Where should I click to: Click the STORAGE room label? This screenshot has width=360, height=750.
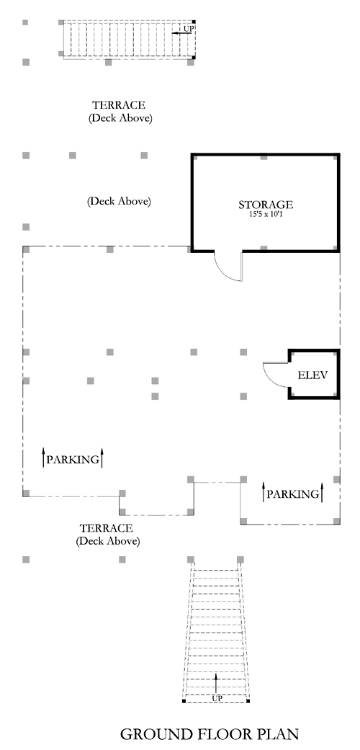tap(266, 205)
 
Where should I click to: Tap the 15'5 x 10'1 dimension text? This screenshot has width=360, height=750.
tap(266, 214)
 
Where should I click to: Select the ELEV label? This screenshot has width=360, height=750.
tap(312, 375)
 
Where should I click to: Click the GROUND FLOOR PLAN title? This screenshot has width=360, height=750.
tap(210, 733)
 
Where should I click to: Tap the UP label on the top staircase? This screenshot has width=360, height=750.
tap(189, 29)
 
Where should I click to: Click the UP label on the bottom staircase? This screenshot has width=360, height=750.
tap(217, 698)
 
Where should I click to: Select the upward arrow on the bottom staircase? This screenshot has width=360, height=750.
tap(215, 684)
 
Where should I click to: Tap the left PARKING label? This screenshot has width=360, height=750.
tap(73, 460)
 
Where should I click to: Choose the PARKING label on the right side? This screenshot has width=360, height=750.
tap(292, 494)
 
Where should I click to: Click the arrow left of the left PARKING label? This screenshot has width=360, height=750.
tap(43, 457)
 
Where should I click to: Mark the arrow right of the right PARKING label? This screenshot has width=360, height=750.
tap(323, 492)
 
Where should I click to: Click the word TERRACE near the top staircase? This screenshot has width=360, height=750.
tap(119, 104)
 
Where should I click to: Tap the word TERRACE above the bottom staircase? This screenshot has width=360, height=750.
tap(106, 529)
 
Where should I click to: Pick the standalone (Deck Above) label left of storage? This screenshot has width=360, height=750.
tap(119, 202)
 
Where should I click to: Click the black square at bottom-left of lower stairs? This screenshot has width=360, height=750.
tap(184, 701)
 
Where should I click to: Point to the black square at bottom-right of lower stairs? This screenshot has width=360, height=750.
tap(248, 701)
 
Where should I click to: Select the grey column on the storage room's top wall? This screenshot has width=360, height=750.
tap(264, 156)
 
